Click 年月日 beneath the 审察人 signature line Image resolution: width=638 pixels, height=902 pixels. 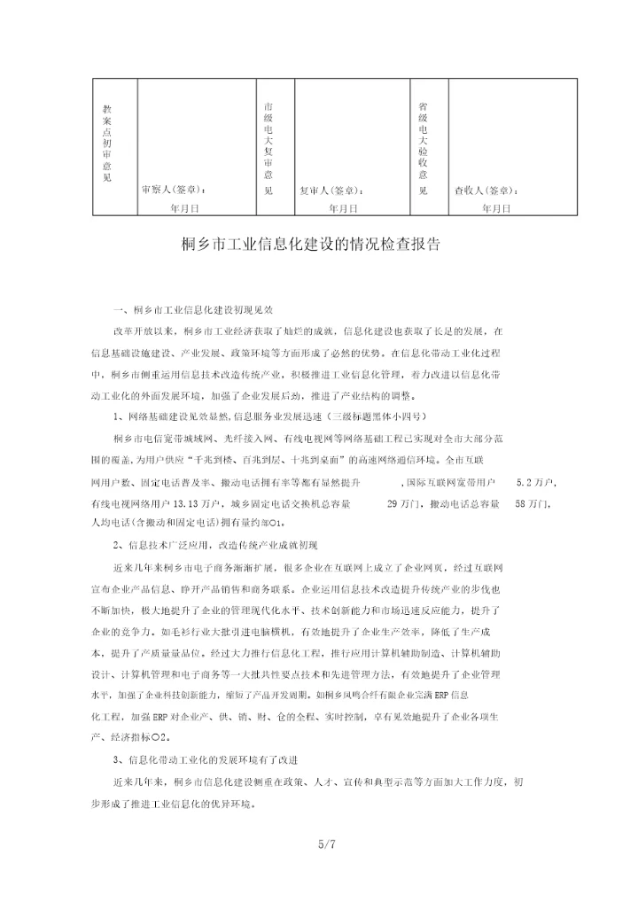(x=184, y=208)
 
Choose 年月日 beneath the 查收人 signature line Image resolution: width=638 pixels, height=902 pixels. (x=497, y=208)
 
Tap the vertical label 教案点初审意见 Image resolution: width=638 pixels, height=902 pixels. (x=107, y=143)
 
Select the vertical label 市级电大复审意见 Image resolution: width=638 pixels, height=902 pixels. (x=268, y=147)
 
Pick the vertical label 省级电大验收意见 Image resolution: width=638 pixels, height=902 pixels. (x=423, y=147)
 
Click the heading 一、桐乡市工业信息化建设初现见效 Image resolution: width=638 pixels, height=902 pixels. (x=193, y=311)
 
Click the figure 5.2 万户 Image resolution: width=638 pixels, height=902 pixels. (x=533, y=482)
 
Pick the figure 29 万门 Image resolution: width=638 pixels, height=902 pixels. (x=404, y=503)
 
